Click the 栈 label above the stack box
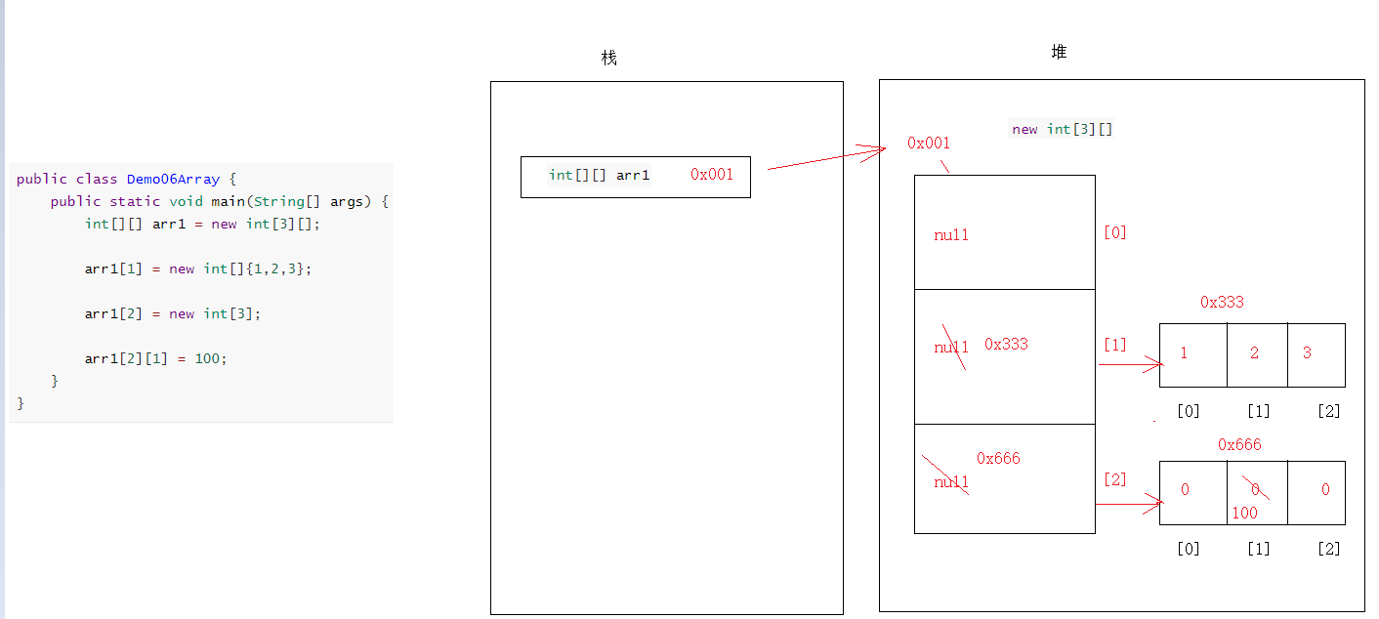609,59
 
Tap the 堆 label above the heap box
1059,53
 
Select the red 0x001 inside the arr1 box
712,175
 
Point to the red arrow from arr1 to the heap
825,158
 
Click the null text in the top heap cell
951,234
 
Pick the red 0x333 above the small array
1222,303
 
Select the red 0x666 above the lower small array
1239,445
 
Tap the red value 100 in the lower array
1244,513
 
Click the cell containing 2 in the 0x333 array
1256,354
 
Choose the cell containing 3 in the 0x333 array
1316,354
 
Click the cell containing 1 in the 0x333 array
1192,354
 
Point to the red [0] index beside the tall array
1114,232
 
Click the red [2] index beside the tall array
1114,479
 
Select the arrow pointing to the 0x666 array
1129,504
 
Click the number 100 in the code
208,358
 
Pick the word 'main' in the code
228,201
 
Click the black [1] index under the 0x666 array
1258,549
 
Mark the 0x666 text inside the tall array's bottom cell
998,458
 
